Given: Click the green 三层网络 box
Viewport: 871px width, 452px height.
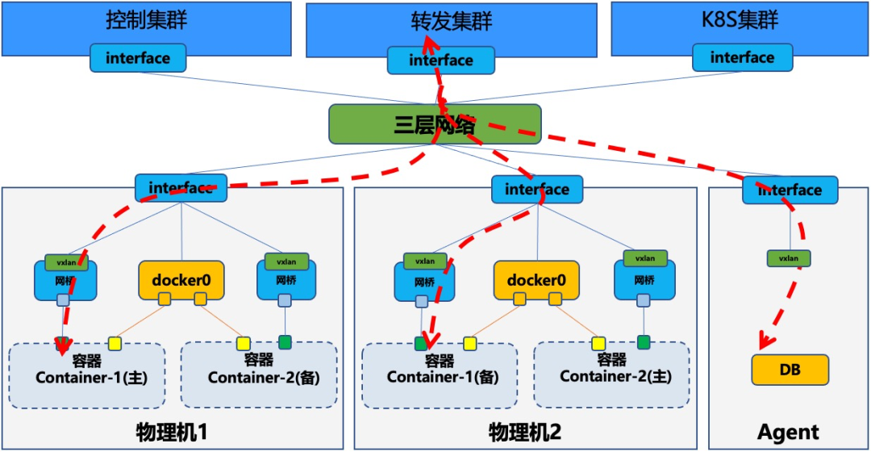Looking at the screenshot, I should (434, 125).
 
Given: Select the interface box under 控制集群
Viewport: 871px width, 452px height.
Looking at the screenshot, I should (138, 58).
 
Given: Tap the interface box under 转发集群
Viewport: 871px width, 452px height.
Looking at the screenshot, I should (440, 60).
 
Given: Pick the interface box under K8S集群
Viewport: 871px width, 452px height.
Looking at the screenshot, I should (742, 57).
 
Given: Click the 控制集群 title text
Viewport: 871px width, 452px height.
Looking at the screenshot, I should (146, 20).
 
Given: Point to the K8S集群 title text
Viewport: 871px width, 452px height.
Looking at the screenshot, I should (740, 20).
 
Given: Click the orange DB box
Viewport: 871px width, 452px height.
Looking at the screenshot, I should (790, 369).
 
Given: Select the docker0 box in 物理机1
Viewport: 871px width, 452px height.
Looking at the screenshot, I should (181, 279).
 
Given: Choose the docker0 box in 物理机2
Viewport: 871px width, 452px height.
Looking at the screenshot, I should (536, 279).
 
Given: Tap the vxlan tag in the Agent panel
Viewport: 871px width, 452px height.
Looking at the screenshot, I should (788, 258).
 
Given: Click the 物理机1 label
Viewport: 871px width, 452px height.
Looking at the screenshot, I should (172, 432).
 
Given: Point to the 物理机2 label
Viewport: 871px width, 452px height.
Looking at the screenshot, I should (525, 432).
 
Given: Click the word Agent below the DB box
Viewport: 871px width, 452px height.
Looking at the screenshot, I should (788, 432).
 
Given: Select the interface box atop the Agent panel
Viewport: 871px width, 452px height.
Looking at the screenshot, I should (790, 190).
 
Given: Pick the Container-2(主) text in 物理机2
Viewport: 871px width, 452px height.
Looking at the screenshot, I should (611, 376).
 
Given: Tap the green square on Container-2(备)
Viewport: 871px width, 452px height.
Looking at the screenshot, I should (285, 342).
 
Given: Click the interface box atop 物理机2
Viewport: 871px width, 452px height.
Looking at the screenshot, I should (536, 189).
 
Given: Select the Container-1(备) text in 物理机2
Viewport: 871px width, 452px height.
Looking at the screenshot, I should (439, 377).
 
